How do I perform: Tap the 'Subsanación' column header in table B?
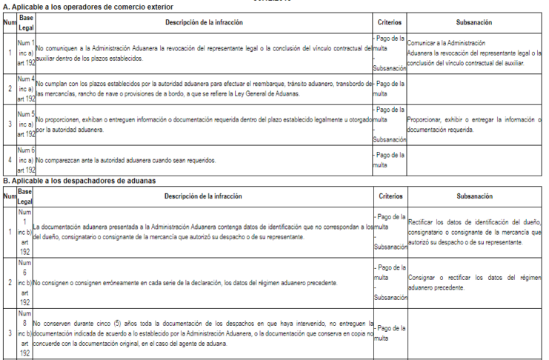[474, 196]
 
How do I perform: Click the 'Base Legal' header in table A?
[27, 23]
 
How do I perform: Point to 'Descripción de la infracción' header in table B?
[202, 196]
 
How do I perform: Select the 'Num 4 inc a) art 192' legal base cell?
[27, 88]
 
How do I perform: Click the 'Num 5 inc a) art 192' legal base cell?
[27, 124]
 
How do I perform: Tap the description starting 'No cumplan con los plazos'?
[202, 88]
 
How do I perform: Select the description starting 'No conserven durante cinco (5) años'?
[202, 333]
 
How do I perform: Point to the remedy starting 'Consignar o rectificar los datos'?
[474, 282]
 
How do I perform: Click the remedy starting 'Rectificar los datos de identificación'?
[474, 232]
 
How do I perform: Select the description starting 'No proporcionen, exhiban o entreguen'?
[202, 124]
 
